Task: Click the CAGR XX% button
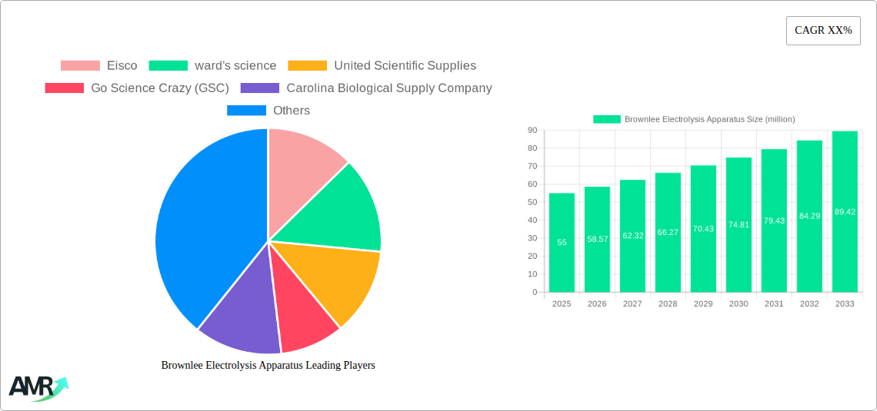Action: tap(823, 31)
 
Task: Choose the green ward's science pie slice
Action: tap(338, 211)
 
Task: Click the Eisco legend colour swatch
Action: tap(80, 66)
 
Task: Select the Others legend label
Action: tap(292, 111)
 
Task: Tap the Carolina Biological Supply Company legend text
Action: tap(388, 88)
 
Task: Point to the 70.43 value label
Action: tap(703, 229)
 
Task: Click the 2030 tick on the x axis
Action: tap(739, 304)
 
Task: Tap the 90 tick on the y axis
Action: tap(532, 131)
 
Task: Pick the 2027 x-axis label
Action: tap(632, 304)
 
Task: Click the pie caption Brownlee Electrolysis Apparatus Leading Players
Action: tap(268, 366)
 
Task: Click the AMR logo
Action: tap(37, 388)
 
